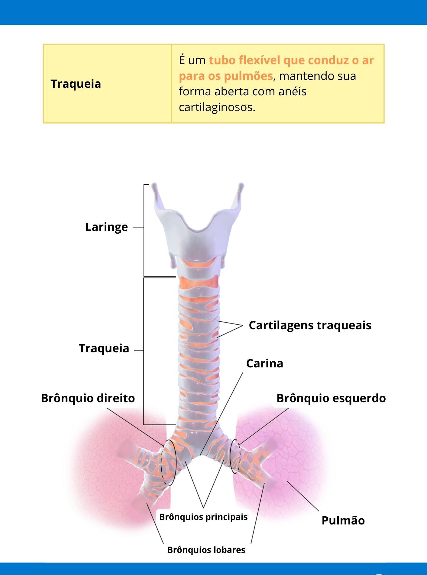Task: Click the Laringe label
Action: [x=106, y=227]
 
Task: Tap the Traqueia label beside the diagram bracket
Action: [x=104, y=348]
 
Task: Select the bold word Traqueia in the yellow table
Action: [x=76, y=84]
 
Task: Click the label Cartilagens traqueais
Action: [x=310, y=325]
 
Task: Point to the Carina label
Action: [x=265, y=363]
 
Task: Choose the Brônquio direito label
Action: [x=88, y=398]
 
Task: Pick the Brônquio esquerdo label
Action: [x=331, y=398]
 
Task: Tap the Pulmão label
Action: [x=343, y=521]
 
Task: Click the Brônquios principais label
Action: [x=203, y=517]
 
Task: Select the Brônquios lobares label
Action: [x=206, y=550]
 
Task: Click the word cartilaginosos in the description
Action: [x=217, y=107]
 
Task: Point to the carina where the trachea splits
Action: [x=200, y=455]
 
